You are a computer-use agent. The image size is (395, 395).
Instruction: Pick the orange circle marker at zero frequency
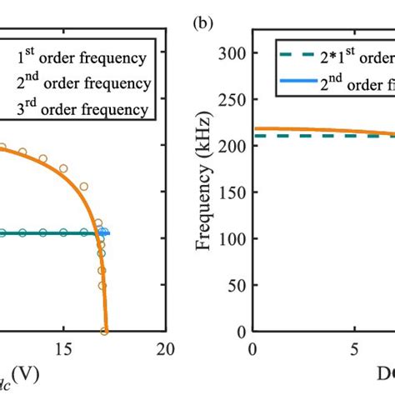pyautogui.click(x=104, y=331)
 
